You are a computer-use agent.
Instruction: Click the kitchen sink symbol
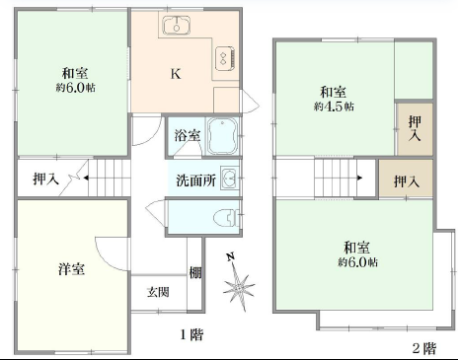pyautogui.click(x=177, y=26)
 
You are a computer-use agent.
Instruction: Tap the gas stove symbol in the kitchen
pyautogui.click(x=225, y=58)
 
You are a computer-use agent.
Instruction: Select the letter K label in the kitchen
pyautogui.click(x=176, y=74)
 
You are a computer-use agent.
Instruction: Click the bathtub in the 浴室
pyautogui.click(x=222, y=136)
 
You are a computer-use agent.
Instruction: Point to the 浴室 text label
pyautogui.click(x=188, y=135)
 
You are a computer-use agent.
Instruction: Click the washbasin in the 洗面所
pyautogui.click(x=229, y=178)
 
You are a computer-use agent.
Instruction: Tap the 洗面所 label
pyautogui.click(x=196, y=180)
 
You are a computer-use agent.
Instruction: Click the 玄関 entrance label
pyautogui.click(x=158, y=292)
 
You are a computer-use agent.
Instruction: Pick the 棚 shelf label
pyautogui.click(x=195, y=272)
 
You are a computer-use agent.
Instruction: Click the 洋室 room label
pyautogui.click(x=71, y=269)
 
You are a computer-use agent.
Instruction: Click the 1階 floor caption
pyautogui.click(x=191, y=334)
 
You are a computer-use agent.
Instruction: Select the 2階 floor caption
pyautogui.click(x=424, y=348)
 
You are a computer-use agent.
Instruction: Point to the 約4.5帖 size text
pyautogui.click(x=334, y=107)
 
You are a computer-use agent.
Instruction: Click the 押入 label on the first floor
pyautogui.click(x=46, y=179)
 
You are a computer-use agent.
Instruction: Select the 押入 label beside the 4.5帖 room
pyautogui.click(x=415, y=128)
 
